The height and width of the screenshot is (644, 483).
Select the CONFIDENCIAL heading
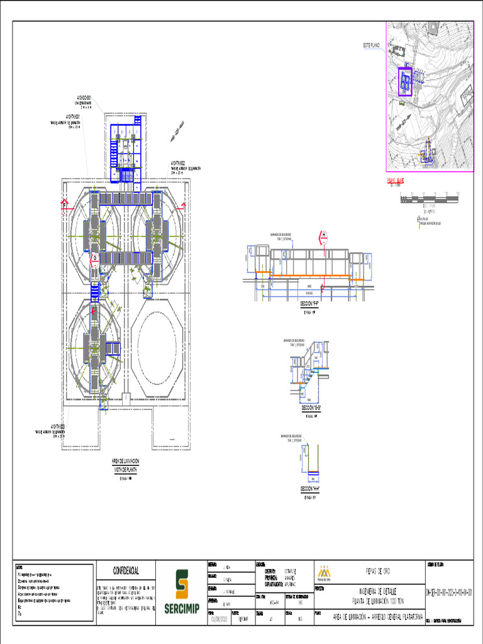pyautogui.click(x=126, y=570)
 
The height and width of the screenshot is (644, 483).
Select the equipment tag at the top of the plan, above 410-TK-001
pyautogui.click(x=84, y=97)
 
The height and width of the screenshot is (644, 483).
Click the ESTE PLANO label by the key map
pyautogui.click(x=372, y=45)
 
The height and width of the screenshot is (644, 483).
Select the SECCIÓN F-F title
pyautogui.click(x=309, y=303)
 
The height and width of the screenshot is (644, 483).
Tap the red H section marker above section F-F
pyautogui.click(x=324, y=236)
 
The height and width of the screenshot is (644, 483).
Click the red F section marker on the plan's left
pyautogui.click(x=64, y=205)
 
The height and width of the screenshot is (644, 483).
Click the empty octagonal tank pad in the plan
pyautogui.click(x=157, y=345)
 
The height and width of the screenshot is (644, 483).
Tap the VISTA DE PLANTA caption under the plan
pyautogui.click(x=126, y=470)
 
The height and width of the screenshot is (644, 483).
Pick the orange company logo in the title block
pyautogui.click(x=324, y=572)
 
